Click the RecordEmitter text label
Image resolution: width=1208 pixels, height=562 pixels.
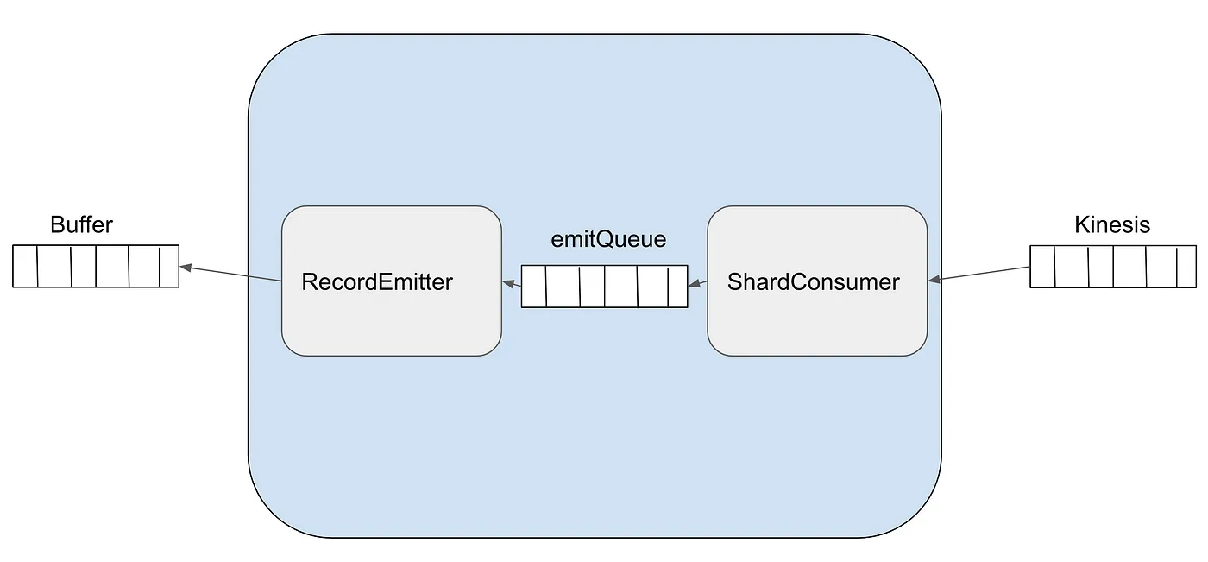[377, 281]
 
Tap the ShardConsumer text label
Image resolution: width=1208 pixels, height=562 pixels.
[813, 282]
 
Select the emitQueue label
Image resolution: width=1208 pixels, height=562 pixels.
[608, 239]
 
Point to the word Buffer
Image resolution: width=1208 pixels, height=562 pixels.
[81, 224]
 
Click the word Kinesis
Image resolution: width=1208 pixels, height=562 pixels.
[1112, 224]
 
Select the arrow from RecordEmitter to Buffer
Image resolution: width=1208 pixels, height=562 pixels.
[230, 273]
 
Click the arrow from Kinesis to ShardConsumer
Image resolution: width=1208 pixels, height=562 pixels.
[978, 274]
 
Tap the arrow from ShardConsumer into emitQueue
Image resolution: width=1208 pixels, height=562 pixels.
[698, 283]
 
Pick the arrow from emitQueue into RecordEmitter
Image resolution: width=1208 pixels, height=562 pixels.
[511, 283]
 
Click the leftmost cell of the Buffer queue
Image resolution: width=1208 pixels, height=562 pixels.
[25, 266]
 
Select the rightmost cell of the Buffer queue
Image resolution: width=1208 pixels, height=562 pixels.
[169, 266]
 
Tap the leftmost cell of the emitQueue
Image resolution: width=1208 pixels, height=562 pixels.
[534, 287]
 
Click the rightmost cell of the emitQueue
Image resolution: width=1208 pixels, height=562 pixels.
[678, 287]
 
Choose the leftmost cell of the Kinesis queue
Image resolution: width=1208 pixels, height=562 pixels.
[1042, 267]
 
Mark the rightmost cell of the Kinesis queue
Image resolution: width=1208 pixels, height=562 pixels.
[1186, 267]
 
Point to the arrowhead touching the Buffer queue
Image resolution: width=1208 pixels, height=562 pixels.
[186, 267]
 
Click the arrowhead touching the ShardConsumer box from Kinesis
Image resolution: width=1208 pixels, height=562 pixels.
[934, 280]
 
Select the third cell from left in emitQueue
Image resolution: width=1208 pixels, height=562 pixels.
[593, 287]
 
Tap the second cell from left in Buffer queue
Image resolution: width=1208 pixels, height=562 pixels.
[54, 266]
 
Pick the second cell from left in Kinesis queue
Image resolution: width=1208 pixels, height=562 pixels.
[1072, 267]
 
